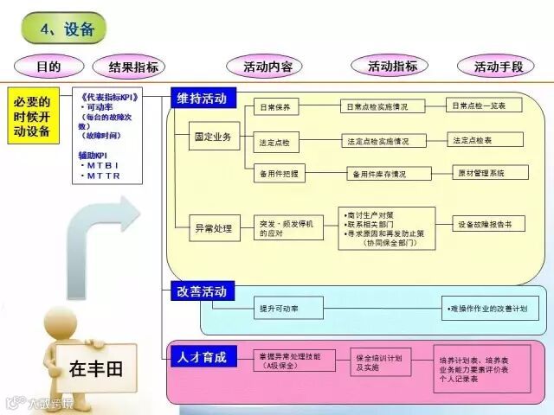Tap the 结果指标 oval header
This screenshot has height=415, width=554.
[x=133, y=67]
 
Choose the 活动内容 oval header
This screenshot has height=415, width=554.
[x=267, y=66]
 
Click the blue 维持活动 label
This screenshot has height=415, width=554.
[x=203, y=99]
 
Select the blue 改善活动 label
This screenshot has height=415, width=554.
[x=202, y=290]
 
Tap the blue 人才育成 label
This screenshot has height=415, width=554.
[x=202, y=356]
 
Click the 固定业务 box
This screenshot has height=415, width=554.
[x=214, y=138]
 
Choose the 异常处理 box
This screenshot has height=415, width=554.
[x=214, y=228]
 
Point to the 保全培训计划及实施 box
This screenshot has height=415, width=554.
[x=378, y=362]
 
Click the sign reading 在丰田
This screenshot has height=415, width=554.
[x=96, y=369]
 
